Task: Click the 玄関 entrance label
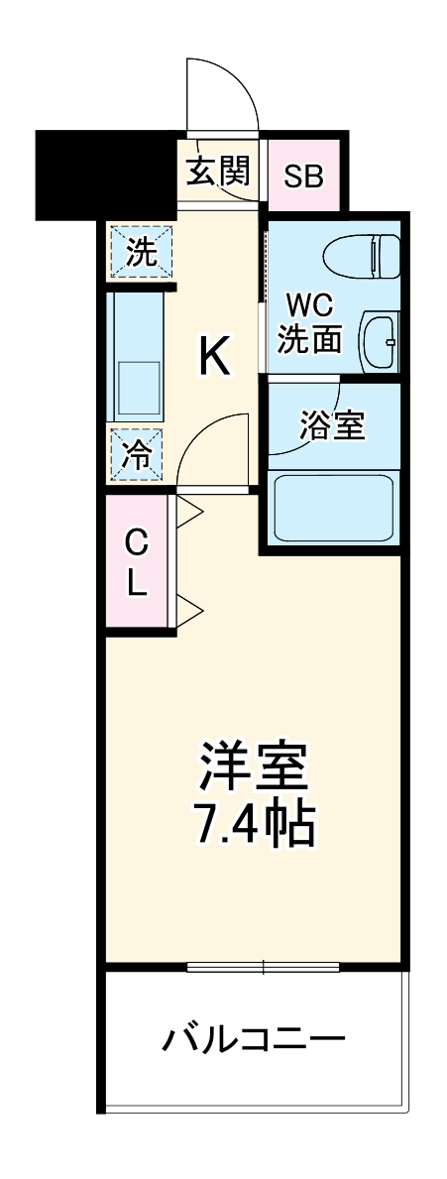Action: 218,174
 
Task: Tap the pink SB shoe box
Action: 303,176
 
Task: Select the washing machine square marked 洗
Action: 141,251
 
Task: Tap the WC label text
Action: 309,302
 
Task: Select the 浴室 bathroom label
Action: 333,425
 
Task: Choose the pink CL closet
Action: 138,562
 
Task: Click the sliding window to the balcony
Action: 263,966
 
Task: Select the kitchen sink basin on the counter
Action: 139,388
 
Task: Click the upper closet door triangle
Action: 189,512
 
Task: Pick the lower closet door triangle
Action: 189,607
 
